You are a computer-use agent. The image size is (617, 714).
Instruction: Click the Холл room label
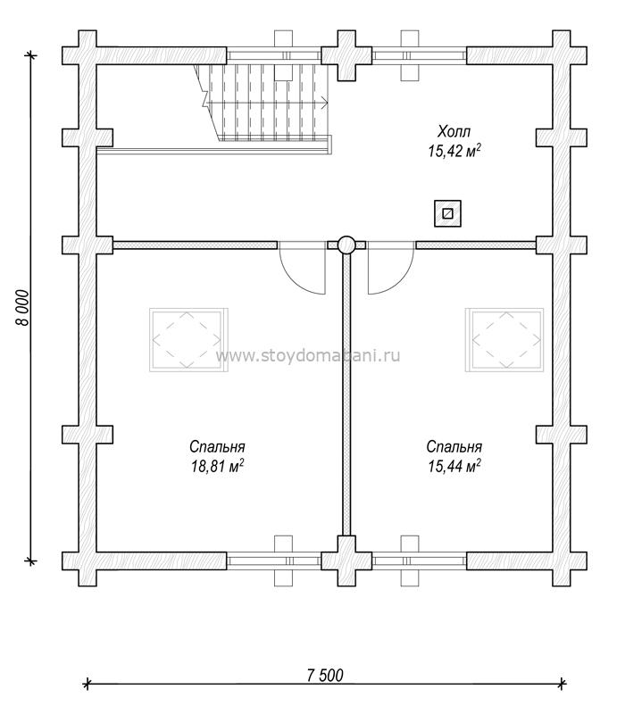coord(454,132)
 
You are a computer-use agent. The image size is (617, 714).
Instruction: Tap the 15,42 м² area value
coord(454,151)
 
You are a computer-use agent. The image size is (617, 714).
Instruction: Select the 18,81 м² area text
coord(217,467)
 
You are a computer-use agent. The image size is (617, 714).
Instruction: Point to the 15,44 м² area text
coord(454,467)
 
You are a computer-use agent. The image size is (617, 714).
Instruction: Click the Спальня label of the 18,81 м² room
coord(217,447)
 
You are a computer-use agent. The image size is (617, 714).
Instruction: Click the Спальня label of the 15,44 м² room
coord(454,447)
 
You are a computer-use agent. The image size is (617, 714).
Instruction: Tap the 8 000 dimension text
coord(22,308)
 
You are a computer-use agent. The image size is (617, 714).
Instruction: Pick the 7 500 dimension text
coord(325,676)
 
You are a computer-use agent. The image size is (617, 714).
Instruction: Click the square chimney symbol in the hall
coord(447,213)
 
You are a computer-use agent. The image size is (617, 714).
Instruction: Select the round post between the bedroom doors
coord(346,245)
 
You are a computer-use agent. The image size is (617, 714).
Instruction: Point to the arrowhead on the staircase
coord(325,104)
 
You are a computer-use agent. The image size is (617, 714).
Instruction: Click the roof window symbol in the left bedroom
coord(188,340)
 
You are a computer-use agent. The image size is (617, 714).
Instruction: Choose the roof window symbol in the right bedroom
coord(504,340)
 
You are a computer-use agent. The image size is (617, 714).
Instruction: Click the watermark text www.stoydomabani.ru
coord(308,355)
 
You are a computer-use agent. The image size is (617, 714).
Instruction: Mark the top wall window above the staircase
coord(274,56)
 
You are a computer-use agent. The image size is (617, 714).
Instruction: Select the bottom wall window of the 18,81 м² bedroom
coord(274,560)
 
